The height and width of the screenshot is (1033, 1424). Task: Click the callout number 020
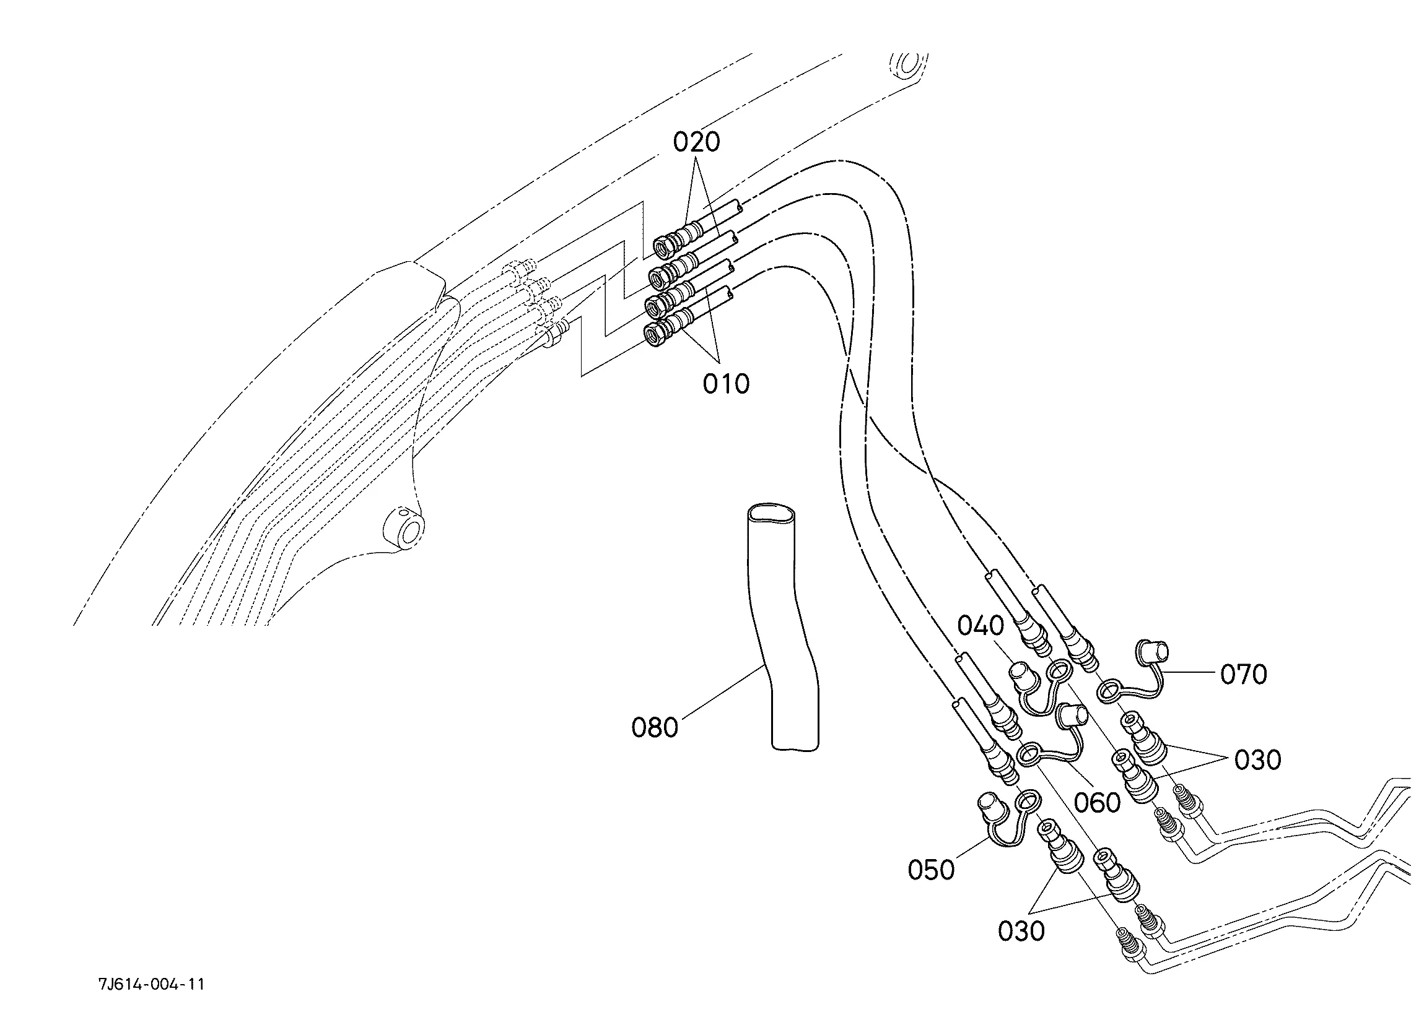pyautogui.click(x=696, y=142)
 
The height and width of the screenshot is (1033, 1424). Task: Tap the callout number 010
pyautogui.click(x=726, y=384)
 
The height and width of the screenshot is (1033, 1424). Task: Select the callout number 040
pyautogui.click(x=981, y=626)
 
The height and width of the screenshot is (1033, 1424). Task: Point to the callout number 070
pyautogui.click(x=1244, y=675)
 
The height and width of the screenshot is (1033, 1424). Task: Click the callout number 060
pyautogui.click(x=1097, y=802)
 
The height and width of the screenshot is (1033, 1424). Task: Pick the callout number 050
pyautogui.click(x=931, y=870)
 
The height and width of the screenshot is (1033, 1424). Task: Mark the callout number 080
pyautogui.click(x=655, y=728)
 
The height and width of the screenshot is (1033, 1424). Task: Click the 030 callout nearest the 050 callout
pyautogui.click(x=1021, y=931)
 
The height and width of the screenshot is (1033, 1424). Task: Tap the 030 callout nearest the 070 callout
pyautogui.click(x=1257, y=760)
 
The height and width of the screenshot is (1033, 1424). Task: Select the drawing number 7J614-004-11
pyautogui.click(x=151, y=984)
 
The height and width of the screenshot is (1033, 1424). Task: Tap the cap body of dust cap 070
pyautogui.click(x=1153, y=652)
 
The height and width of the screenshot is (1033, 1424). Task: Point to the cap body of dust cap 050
pyautogui.click(x=992, y=806)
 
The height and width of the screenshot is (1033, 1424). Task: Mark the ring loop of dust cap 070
pyautogui.click(x=1109, y=691)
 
